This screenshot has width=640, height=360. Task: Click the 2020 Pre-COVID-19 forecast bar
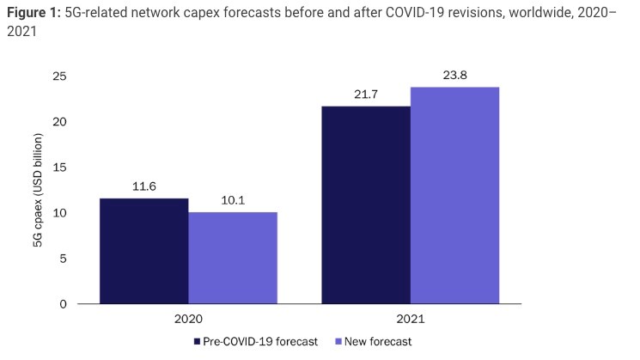pos(144,251)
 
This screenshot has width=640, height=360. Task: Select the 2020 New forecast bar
pos(233,258)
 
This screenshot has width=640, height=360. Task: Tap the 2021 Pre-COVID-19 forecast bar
pos(366,204)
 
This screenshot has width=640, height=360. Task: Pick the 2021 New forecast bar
pos(454,195)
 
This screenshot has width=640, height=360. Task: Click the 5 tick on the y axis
pos(64,259)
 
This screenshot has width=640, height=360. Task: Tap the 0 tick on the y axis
pos(64,304)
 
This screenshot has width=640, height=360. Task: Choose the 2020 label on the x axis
pos(188,319)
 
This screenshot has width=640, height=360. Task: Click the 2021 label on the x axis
pos(410,319)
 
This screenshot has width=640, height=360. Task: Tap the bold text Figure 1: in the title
pos(34,10)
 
